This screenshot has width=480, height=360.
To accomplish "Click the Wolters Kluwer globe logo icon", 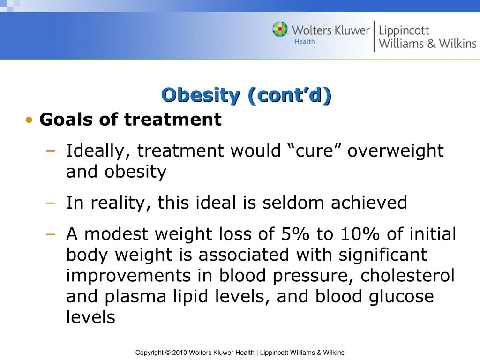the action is [280, 29].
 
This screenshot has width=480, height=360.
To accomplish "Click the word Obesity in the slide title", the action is [201, 95].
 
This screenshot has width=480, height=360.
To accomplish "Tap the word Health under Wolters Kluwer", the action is [304, 41].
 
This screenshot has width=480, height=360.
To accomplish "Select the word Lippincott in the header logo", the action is [404, 31].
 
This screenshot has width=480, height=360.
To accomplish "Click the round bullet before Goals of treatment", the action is [30, 120].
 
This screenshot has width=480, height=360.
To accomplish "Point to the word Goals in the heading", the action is [66, 119].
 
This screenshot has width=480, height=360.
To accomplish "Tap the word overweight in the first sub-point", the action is [396, 151].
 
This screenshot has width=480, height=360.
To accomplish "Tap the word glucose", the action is [401, 297].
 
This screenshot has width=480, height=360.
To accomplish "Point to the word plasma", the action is [135, 297].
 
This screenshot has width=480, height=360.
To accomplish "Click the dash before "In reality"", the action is [51, 202].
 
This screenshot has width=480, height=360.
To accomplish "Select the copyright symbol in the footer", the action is [168, 352].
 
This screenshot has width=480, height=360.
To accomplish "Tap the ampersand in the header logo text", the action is [431, 44].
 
